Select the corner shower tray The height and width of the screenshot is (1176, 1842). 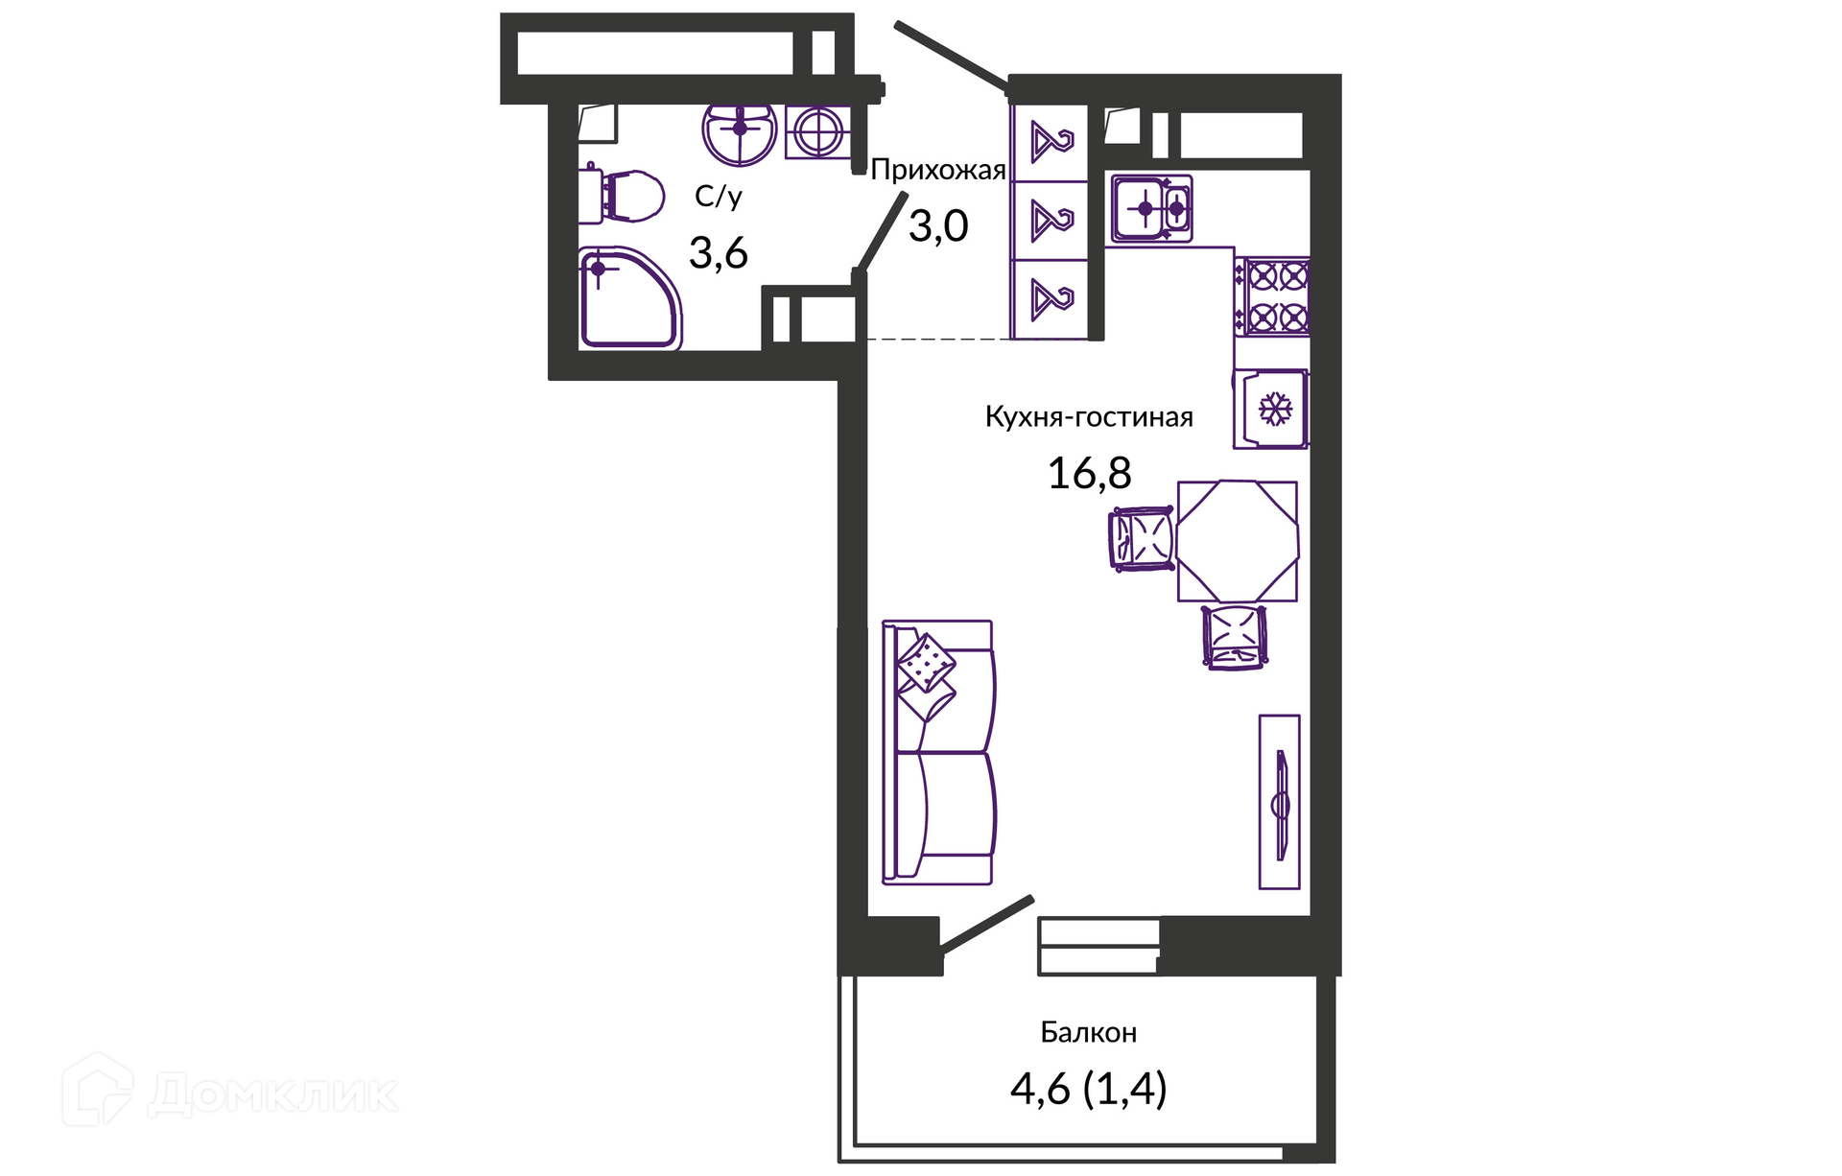tap(629, 298)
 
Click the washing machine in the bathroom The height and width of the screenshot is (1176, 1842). tap(818, 131)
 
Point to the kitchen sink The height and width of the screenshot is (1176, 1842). tap(1152, 208)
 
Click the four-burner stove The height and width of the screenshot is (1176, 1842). tap(1272, 296)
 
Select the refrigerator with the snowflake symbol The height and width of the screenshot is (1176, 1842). tap(1271, 409)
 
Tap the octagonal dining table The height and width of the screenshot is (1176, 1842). tap(1238, 541)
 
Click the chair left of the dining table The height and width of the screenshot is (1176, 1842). tap(1142, 539)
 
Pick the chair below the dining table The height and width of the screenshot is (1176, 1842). tap(1235, 636)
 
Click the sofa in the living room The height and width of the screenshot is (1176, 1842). tap(939, 752)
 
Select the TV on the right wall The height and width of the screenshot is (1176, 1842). tap(1280, 802)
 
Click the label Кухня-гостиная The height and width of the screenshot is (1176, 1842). tap(1089, 417)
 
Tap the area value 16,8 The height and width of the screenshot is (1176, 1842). tap(1089, 473)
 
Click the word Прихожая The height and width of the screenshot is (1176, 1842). tap(938, 171)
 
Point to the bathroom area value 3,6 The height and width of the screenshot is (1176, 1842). tap(719, 253)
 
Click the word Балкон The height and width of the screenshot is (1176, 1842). tap(1089, 1032)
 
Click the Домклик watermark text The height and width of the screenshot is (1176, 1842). tap(273, 1094)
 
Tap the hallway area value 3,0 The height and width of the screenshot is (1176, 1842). tap(938, 226)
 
